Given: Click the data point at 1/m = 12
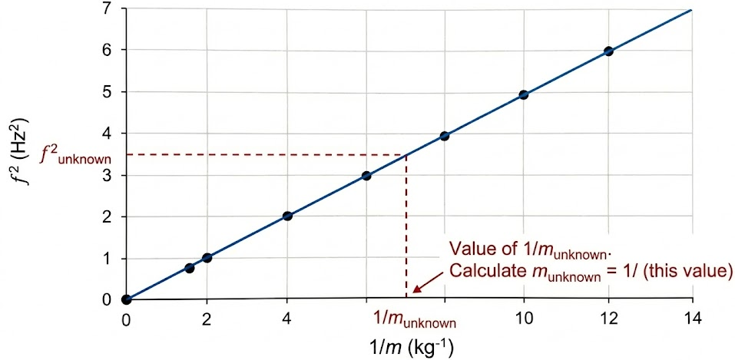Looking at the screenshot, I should coord(608,51).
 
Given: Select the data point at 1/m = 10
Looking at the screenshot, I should coord(524,95).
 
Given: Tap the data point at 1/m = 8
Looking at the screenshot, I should coord(444,136).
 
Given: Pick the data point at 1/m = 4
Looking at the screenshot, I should coord(287,216).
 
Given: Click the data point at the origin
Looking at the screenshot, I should coord(126,299).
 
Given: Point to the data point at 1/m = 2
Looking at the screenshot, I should coord(207,258).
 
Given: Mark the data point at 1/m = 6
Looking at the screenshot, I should coord(366,176).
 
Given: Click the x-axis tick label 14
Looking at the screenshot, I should coord(693,320).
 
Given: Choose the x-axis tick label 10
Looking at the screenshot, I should coord(524,320).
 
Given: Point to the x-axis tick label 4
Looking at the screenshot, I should coord(287,320).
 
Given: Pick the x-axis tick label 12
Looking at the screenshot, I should coord(608,320).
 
